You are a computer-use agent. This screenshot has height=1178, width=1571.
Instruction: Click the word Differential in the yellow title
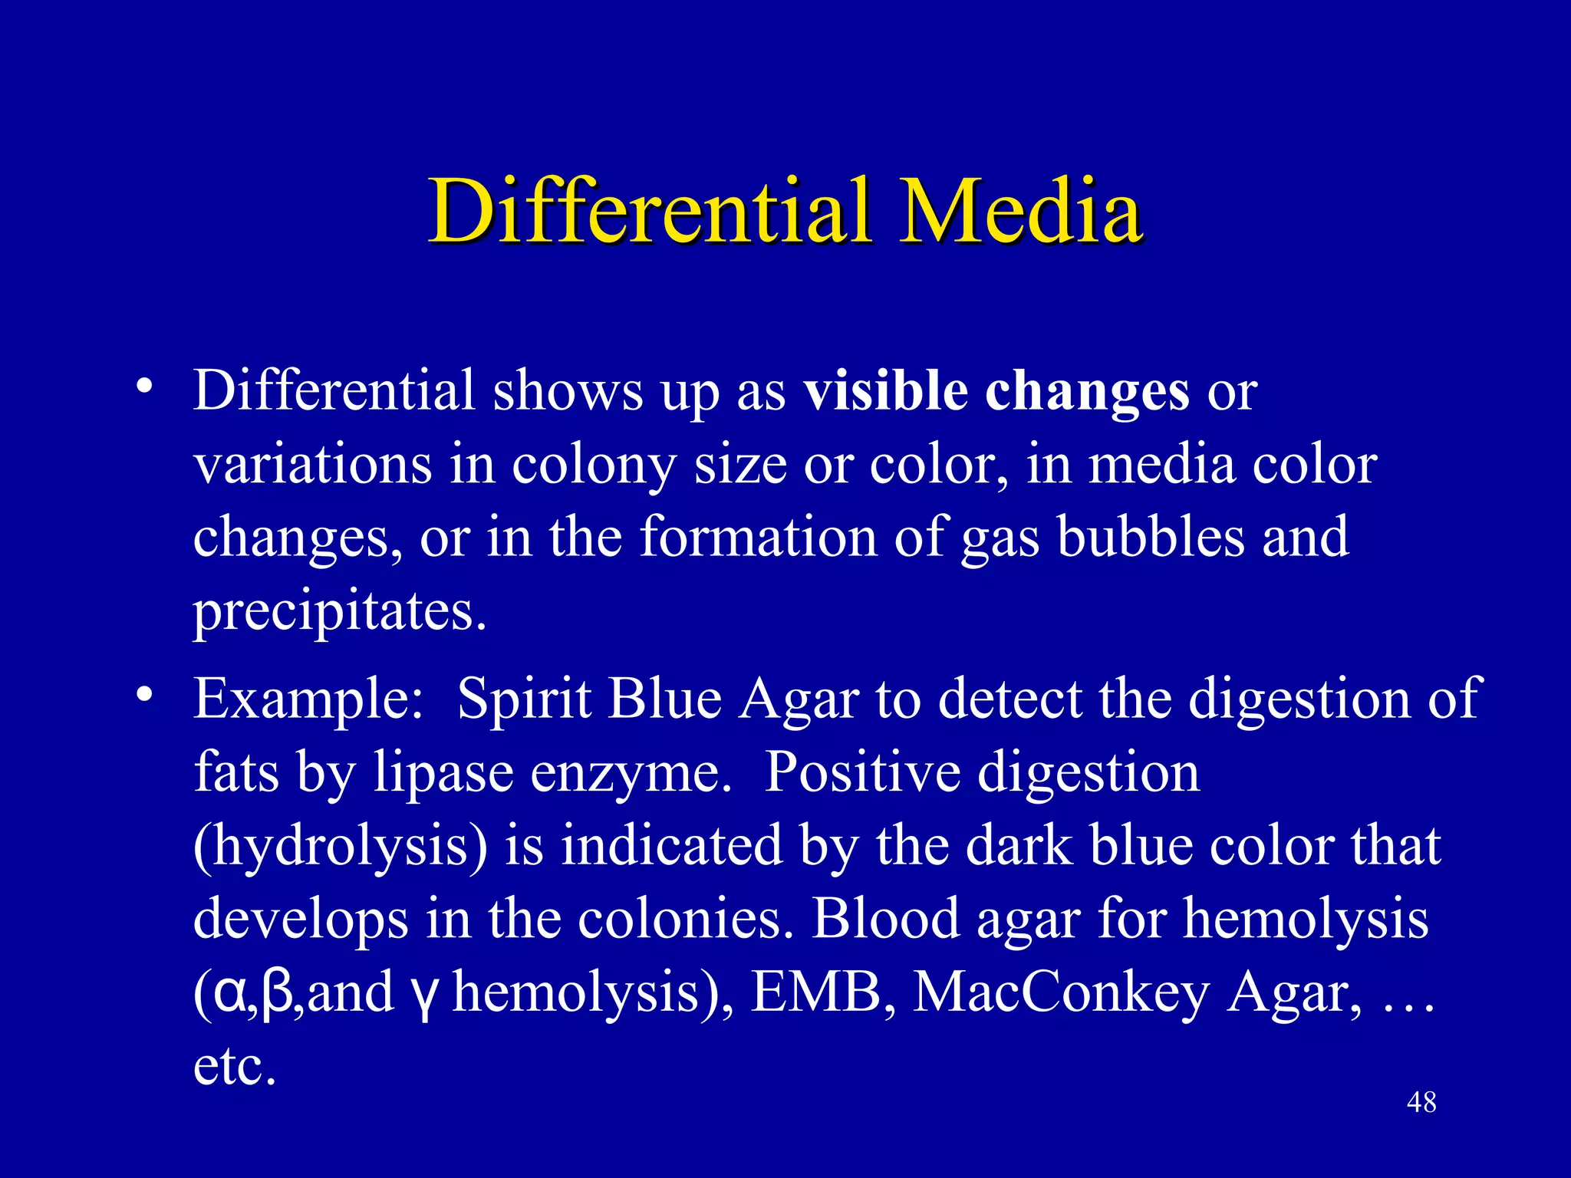point(649,211)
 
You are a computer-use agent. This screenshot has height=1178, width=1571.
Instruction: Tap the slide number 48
point(1421,1103)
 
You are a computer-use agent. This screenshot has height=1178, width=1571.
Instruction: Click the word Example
point(307,699)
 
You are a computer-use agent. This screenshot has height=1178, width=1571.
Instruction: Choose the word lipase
point(443,773)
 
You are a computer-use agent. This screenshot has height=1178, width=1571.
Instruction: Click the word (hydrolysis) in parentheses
point(341,847)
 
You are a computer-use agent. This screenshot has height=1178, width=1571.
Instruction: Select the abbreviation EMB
point(815,992)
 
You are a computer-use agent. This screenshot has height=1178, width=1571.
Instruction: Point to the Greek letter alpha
point(230,994)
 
